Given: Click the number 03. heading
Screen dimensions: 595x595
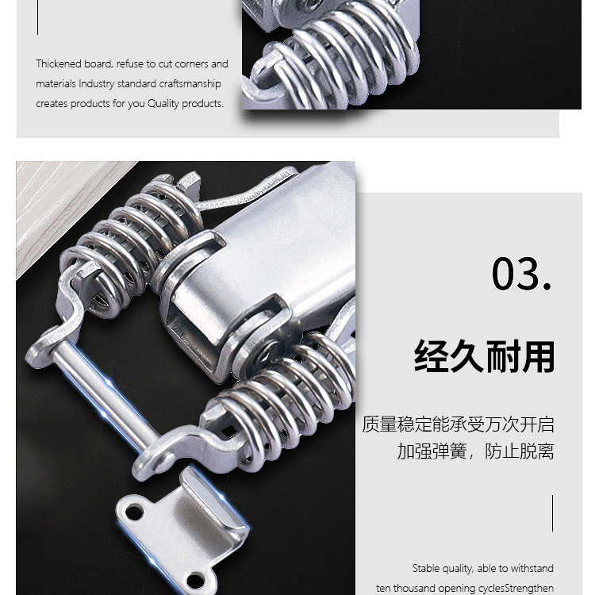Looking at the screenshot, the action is click(x=521, y=274).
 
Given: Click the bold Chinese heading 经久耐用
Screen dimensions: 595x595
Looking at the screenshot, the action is click(x=484, y=356).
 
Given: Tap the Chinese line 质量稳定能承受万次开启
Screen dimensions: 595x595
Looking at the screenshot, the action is click(x=458, y=424).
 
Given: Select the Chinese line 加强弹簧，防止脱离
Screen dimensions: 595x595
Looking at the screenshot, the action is click(x=475, y=451).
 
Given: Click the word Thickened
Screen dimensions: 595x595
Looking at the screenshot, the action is click(x=59, y=63).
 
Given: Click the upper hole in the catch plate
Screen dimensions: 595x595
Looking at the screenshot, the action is click(x=135, y=513).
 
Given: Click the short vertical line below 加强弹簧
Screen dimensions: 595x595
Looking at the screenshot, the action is click(x=552, y=513).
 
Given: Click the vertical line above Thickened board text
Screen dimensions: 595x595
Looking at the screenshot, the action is click(x=37, y=17).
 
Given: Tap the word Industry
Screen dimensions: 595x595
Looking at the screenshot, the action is click(x=96, y=84).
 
